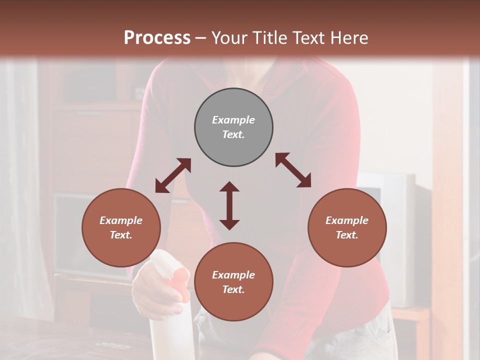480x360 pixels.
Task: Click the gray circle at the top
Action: (x=233, y=127)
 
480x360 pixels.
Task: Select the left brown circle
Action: (x=121, y=227)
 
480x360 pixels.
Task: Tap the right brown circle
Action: (x=347, y=227)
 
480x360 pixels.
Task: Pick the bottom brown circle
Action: (x=233, y=282)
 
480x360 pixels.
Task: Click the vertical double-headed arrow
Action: (x=229, y=205)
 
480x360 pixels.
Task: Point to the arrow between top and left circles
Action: (x=173, y=175)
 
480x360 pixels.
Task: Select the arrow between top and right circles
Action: (x=293, y=170)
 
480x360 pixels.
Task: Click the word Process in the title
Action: (x=157, y=38)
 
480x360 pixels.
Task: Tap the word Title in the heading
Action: (x=269, y=38)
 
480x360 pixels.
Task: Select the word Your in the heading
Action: (x=229, y=38)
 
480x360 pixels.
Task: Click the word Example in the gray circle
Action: (x=233, y=120)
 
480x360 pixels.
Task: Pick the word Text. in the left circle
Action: (x=121, y=235)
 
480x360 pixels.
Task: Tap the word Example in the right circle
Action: (x=347, y=220)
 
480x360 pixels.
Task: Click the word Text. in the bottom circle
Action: (x=233, y=289)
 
